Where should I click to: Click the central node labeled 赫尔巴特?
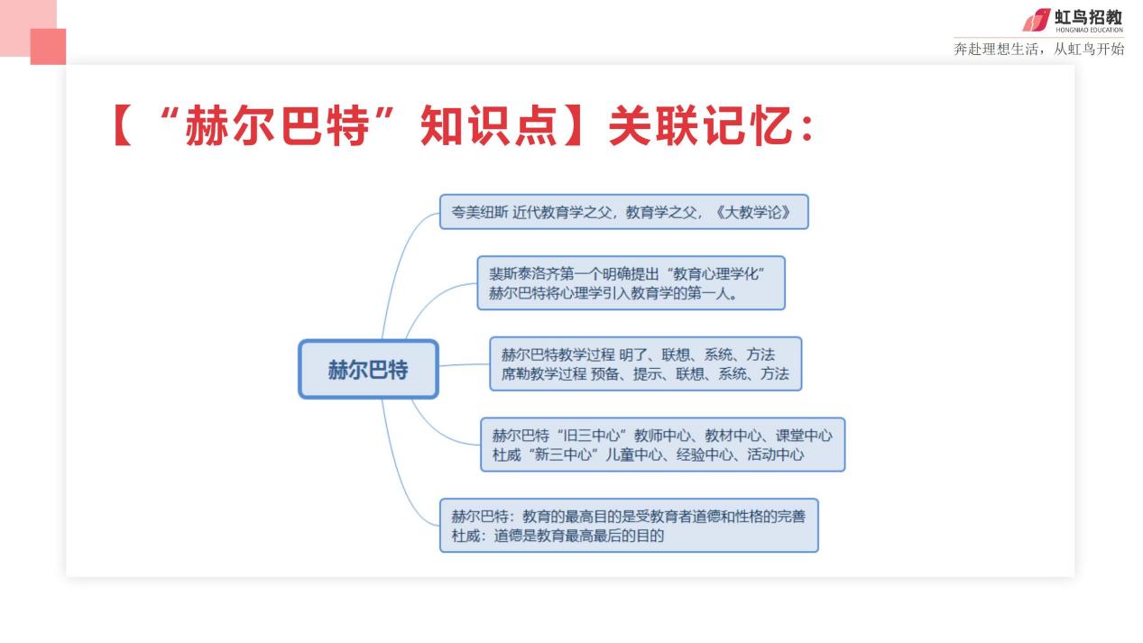(368, 369)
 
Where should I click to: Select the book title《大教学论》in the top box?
(753, 212)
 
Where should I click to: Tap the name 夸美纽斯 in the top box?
(480, 212)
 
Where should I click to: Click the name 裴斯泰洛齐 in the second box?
(524, 274)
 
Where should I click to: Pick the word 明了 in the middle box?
(633, 354)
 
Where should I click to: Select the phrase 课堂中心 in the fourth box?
(804, 436)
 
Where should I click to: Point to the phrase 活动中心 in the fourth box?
(776, 455)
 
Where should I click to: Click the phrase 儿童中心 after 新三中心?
(633, 455)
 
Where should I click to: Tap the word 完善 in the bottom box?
(791, 517)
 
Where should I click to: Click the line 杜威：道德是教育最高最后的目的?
(558, 536)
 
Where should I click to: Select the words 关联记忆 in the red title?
(702, 125)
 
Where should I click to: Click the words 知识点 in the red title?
(488, 125)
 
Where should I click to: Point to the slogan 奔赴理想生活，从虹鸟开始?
(1039, 49)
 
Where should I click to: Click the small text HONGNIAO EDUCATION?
(1090, 30)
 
